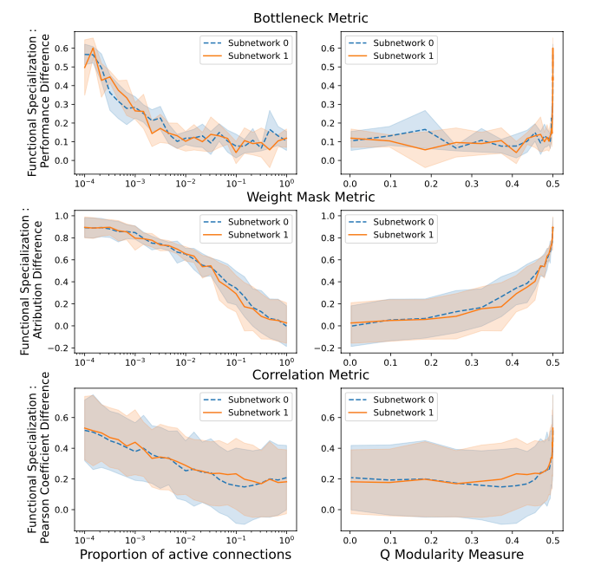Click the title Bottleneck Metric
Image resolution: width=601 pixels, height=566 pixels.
point(310,17)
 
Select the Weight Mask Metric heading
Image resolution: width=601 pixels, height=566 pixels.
point(310,197)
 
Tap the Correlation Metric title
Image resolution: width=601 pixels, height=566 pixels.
point(310,375)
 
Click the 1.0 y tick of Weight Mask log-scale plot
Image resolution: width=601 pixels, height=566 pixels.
point(62,213)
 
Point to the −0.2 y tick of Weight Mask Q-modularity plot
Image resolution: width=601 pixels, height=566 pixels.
point(329,348)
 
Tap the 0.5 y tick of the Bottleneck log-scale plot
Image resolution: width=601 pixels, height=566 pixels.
point(62,67)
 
